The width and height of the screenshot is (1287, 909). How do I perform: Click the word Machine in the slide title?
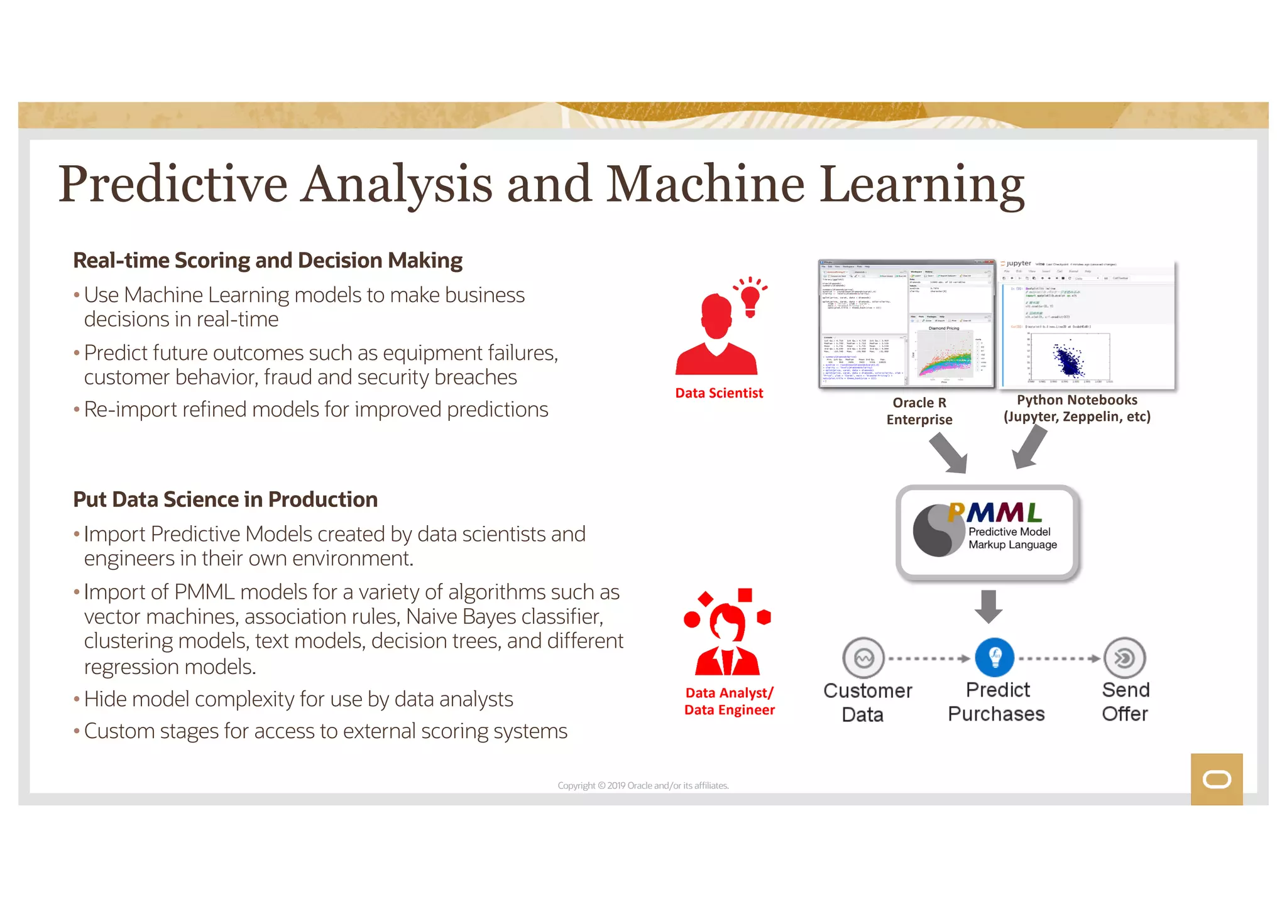pos(705,185)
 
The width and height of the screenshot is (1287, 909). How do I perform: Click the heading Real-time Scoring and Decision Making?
pos(268,261)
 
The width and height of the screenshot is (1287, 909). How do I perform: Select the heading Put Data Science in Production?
pos(225,499)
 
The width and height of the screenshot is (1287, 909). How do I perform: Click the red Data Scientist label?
pos(719,393)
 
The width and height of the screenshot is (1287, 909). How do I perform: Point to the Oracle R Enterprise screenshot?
pos(907,324)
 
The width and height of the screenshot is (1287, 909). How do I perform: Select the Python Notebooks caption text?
pos(1076,408)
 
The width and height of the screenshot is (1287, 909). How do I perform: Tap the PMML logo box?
pos(988,532)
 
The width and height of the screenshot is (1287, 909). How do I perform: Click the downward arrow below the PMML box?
pos(989,606)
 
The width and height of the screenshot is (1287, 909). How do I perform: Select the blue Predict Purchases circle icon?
pos(994,658)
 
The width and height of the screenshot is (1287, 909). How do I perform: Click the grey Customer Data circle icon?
pos(863,658)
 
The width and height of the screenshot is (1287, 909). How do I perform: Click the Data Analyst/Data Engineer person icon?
pos(727,634)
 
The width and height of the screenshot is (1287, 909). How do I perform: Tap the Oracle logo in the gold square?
pos(1217,780)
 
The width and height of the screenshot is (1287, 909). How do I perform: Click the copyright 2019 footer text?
pos(643,786)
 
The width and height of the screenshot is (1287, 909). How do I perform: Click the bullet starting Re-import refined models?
pos(315,410)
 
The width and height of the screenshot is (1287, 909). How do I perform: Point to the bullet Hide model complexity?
pos(298,699)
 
